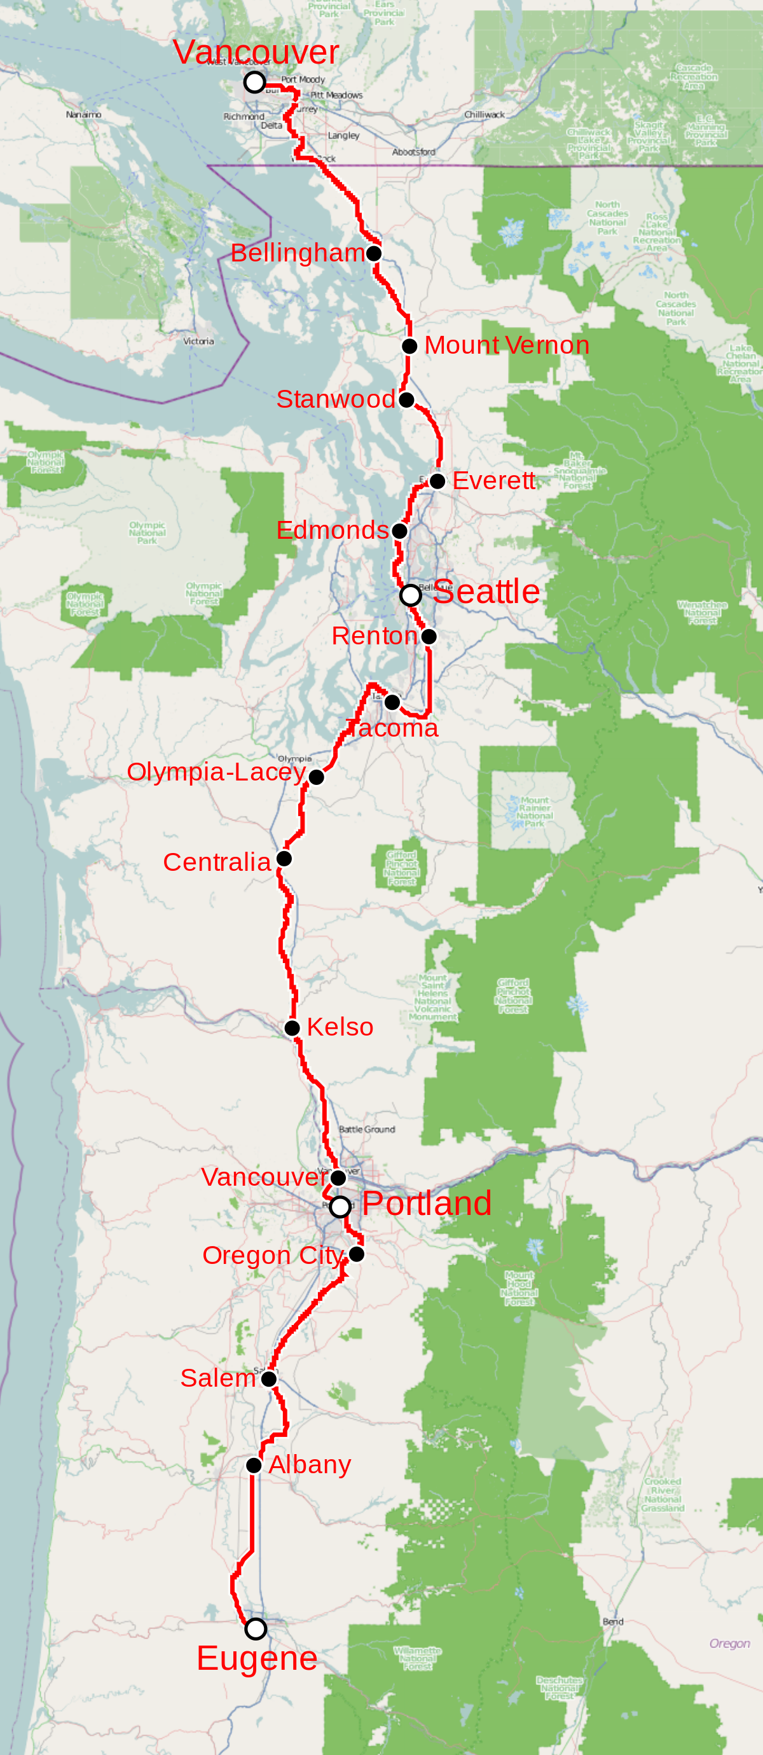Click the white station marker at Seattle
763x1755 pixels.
[x=410, y=595]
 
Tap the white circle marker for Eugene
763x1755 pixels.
[x=256, y=1629]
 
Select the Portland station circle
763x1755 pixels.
[x=340, y=1207]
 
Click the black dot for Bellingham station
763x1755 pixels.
[x=373, y=253]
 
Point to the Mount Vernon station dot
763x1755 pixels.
[x=409, y=346]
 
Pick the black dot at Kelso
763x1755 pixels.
[x=292, y=1028]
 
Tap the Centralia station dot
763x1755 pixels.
[x=284, y=859]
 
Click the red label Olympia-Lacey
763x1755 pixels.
[x=216, y=772]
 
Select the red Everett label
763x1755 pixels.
[x=493, y=481]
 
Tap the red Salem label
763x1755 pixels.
[x=217, y=1378]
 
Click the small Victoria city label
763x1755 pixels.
[x=198, y=342]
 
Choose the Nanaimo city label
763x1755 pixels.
[x=84, y=114]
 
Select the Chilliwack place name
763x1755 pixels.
[x=485, y=114]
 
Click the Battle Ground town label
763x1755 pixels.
[x=366, y=1130]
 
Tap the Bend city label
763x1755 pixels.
[x=612, y=1621]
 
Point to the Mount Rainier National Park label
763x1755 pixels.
[x=534, y=812]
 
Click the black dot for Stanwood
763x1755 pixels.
[x=406, y=400]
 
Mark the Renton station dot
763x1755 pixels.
[x=429, y=636]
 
